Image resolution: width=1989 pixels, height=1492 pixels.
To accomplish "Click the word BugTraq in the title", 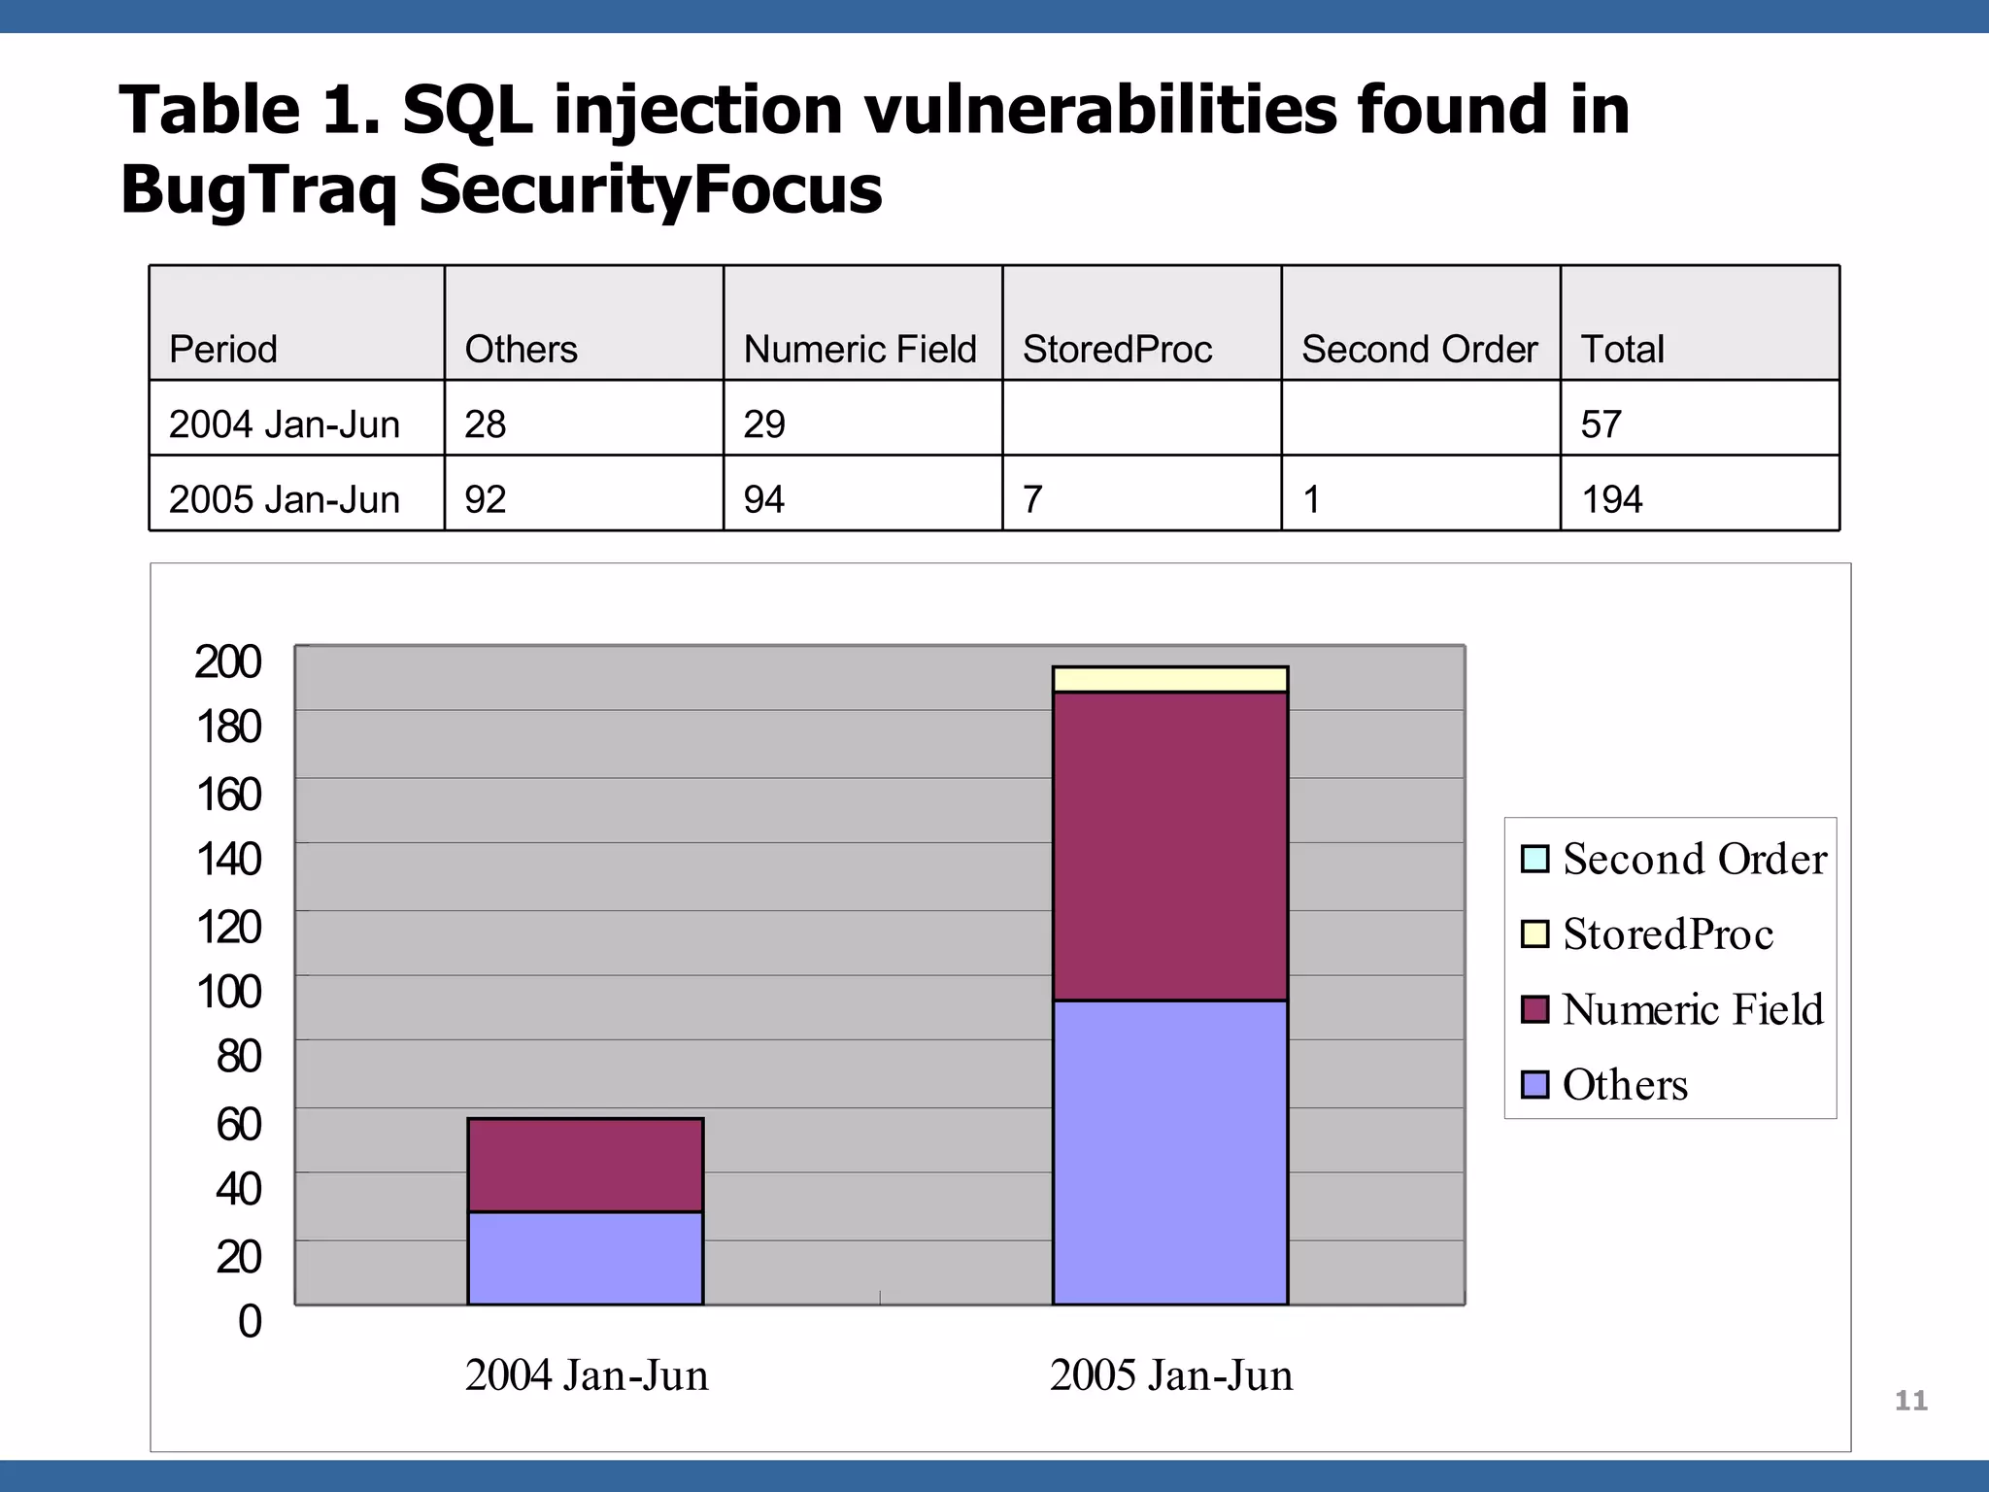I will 258,190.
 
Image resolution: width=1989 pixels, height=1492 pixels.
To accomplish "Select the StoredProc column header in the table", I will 1117,349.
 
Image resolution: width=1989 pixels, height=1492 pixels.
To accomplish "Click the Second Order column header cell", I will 1419,349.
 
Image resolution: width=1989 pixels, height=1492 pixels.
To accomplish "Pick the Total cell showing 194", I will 1612,499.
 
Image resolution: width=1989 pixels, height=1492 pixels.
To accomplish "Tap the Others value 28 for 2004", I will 486,424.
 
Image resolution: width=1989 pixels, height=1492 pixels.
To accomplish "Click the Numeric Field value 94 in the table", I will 764,499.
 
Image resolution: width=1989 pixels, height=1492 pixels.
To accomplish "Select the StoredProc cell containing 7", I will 1032,499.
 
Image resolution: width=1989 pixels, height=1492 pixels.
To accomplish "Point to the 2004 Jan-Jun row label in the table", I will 285,424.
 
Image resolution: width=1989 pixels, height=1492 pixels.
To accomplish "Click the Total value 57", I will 1601,424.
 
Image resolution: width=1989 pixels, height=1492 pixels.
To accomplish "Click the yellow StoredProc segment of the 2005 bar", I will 1170,679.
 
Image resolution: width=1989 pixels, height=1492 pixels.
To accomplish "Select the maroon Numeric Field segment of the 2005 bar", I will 1170,845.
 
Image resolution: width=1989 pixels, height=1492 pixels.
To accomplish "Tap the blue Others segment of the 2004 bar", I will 585,1258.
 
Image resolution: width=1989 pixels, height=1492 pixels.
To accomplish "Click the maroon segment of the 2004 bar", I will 585,1165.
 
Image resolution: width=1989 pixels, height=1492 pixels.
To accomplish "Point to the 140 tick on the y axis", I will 229,860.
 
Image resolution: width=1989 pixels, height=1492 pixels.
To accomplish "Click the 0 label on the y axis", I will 250,1321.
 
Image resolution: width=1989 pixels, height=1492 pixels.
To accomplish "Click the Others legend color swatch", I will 1534,1084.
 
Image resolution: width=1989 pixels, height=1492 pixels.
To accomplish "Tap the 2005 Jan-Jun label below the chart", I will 1170,1375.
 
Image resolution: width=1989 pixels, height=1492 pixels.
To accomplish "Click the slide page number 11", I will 1910,1401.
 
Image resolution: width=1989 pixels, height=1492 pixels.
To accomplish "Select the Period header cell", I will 223,349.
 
